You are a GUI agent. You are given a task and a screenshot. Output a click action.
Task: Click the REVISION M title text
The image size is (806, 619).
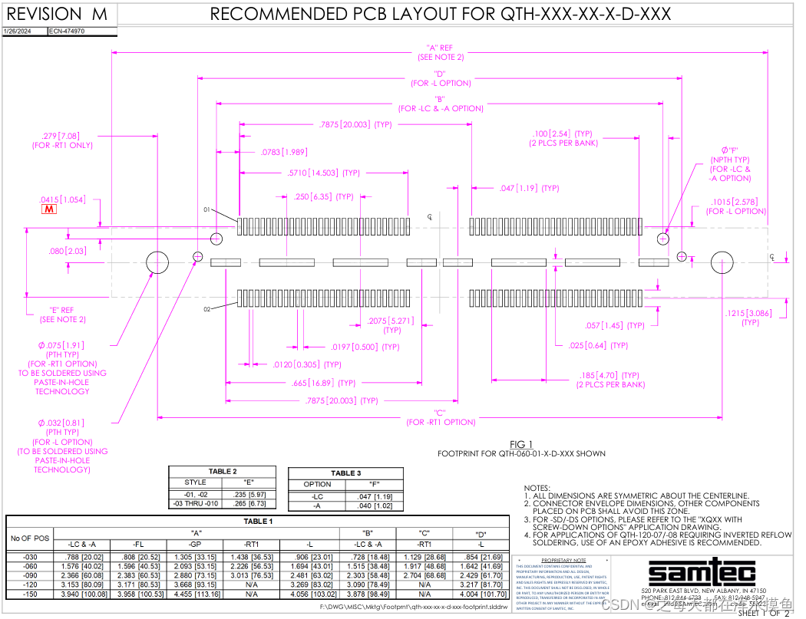pyautogui.click(x=58, y=14)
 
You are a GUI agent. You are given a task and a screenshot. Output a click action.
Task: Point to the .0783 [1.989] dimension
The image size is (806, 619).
pyautogui.click(x=284, y=152)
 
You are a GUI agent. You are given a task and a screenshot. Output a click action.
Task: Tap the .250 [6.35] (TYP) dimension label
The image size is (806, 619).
pyautogui.click(x=323, y=197)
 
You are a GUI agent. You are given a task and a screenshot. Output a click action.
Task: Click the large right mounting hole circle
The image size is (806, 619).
pyautogui.click(x=722, y=262)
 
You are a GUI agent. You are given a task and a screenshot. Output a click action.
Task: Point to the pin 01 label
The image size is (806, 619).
pyautogui.click(x=206, y=209)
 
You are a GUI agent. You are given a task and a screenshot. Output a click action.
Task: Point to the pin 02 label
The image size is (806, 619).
pyautogui.click(x=206, y=309)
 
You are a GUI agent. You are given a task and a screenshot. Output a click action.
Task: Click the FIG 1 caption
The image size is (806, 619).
pyautogui.click(x=521, y=444)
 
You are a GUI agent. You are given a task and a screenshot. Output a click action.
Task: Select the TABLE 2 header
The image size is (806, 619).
pyautogui.click(x=223, y=472)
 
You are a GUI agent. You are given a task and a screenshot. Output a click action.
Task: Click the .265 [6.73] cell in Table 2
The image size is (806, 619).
pyautogui.click(x=248, y=503)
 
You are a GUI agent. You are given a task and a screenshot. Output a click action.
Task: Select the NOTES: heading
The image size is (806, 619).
pyautogui.click(x=537, y=488)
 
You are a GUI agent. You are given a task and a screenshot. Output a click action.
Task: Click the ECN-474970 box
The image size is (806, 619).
pyautogui.click(x=67, y=31)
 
